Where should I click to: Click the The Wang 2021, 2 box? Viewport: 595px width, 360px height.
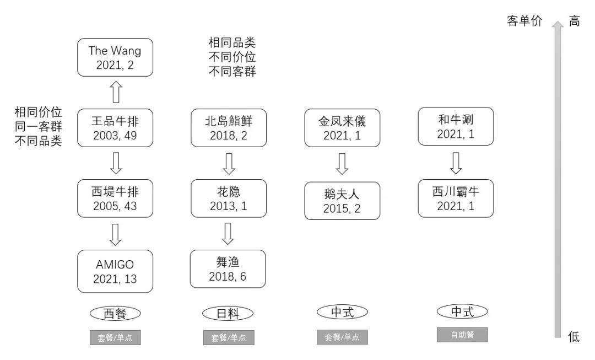[x=115, y=58]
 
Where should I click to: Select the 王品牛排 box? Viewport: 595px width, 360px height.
[x=115, y=127]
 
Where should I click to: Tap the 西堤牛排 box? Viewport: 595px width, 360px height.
[x=115, y=198]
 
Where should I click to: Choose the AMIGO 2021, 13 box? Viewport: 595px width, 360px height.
[x=115, y=271]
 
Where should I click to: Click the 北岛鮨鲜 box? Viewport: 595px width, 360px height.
[x=228, y=127]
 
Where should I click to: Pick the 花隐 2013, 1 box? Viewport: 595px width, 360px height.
[x=228, y=198]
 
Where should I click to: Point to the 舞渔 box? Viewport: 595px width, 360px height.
[x=228, y=269]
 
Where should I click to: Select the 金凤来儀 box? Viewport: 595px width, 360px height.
[x=342, y=127]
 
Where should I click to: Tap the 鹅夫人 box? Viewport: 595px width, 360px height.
[x=342, y=201]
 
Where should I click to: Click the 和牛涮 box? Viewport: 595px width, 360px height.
[x=456, y=126]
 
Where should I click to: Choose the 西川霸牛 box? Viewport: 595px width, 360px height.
[x=456, y=198]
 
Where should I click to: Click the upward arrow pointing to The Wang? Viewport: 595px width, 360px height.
[x=115, y=92]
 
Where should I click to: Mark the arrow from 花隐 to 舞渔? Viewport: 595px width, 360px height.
[x=228, y=234]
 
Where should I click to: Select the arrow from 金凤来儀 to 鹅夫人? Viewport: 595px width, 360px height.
[x=342, y=164]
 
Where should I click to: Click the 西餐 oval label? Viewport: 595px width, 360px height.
[x=115, y=314]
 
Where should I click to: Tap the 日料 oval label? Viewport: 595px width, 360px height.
[x=228, y=314]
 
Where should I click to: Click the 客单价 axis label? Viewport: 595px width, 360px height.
[x=524, y=22]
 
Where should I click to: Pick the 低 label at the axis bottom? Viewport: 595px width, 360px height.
[x=574, y=337]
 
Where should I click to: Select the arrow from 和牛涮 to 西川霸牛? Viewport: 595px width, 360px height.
[x=456, y=163]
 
